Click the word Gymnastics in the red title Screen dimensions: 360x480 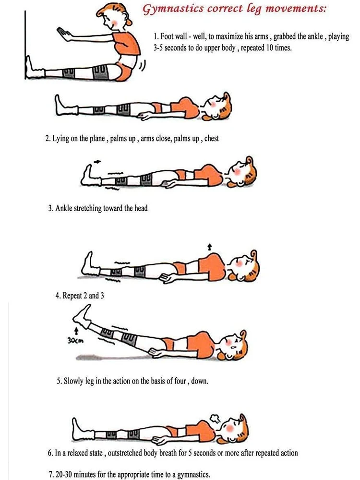(173, 9)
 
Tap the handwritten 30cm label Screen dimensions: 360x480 (75, 340)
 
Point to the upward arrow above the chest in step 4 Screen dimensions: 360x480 (209, 247)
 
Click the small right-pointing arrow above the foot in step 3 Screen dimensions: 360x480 (97, 161)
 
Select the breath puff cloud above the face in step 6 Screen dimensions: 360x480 (214, 418)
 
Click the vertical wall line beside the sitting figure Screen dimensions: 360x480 (25, 45)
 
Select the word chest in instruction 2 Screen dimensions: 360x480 (212, 138)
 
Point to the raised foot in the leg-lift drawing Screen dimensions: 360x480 (82, 315)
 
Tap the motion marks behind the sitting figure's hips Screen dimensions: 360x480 (143, 65)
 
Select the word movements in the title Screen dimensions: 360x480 (295, 9)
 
